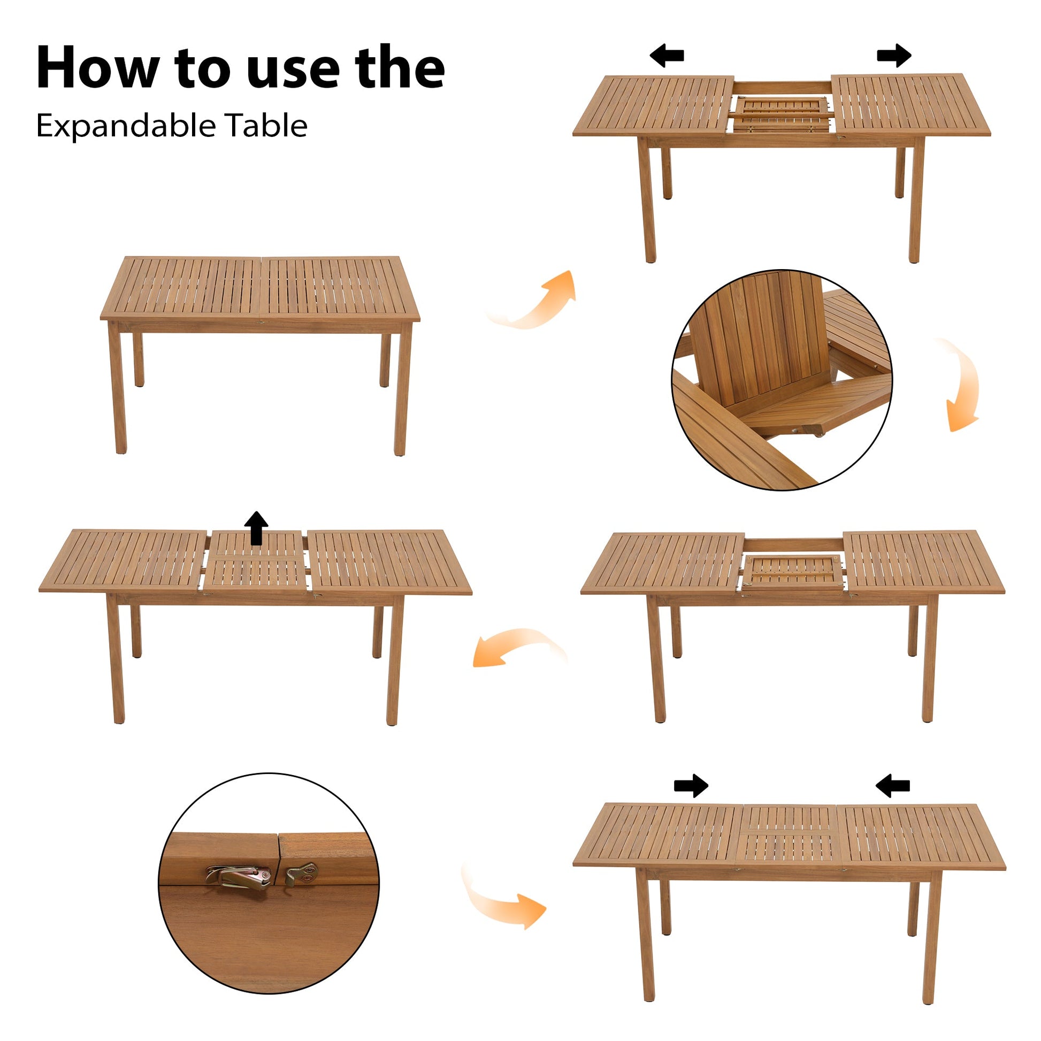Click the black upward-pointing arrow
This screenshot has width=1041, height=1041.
(256, 527)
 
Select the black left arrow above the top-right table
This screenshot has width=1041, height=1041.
(667, 56)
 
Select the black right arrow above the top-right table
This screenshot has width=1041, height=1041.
(894, 56)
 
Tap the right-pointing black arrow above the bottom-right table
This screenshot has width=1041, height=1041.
(691, 786)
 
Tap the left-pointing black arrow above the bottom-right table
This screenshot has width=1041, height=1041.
(893, 786)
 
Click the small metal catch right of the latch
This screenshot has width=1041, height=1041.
(302, 872)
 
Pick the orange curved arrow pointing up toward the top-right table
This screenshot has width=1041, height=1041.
(539, 302)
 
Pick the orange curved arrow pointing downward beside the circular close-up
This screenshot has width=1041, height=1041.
(962, 385)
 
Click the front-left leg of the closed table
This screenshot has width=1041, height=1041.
(118, 388)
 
